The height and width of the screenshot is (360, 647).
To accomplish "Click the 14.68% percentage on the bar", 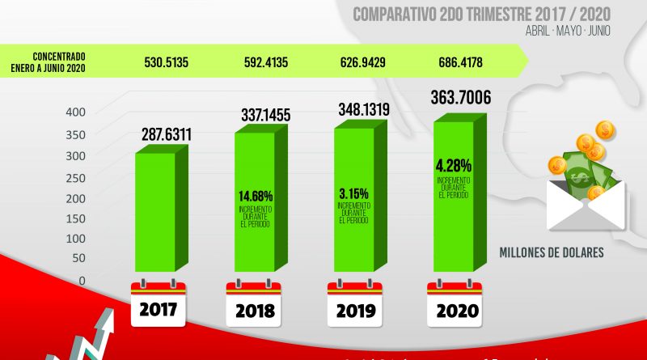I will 256,197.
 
